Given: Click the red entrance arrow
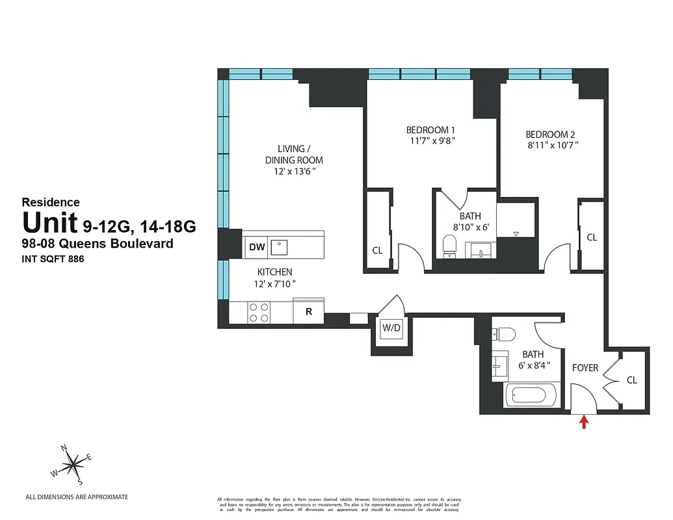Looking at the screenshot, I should point(584,422).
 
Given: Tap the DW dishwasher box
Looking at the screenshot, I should point(257,247).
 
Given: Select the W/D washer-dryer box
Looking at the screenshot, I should point(391,328).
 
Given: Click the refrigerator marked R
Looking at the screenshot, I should point(309,312).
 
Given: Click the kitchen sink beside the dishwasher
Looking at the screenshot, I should point(280,247).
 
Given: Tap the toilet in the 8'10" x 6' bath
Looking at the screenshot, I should point(449,245).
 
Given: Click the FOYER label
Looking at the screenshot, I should point(585,368).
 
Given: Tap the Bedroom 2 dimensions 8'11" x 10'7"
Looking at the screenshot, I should point(552,146).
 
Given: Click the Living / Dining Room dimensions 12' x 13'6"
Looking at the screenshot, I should point(293,172).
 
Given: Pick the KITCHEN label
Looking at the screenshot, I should point(274,272).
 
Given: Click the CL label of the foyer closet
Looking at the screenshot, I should point(631,380).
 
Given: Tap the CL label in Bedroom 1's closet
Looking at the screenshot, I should point(377,250).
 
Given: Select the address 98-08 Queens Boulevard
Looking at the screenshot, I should point(98,244).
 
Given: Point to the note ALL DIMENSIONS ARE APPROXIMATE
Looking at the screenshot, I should point(77,497).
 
